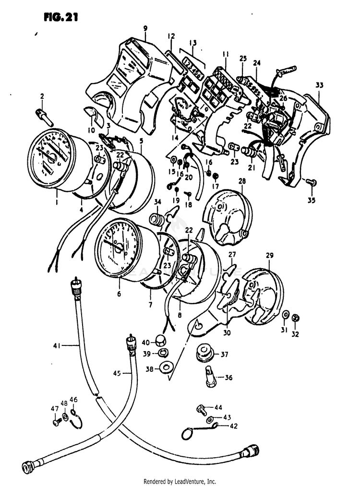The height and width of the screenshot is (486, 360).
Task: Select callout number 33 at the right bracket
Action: [320, 85]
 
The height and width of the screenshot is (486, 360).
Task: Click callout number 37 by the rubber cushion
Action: [224, 355]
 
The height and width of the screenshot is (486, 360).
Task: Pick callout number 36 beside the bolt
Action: [228, 378]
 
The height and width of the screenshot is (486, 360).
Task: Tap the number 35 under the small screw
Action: [312, 201]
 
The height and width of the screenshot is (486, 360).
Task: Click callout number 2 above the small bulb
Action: [42, 96]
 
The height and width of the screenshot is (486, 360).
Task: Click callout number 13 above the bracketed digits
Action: [193, 42]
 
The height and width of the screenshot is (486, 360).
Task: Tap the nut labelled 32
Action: [297, 317]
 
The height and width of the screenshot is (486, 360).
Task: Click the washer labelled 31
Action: [286, 314]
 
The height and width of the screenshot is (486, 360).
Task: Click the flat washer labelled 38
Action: [166, 368]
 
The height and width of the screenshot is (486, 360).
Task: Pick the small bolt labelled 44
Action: [201, 409]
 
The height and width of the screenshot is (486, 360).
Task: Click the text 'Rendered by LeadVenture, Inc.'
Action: [180, 481]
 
